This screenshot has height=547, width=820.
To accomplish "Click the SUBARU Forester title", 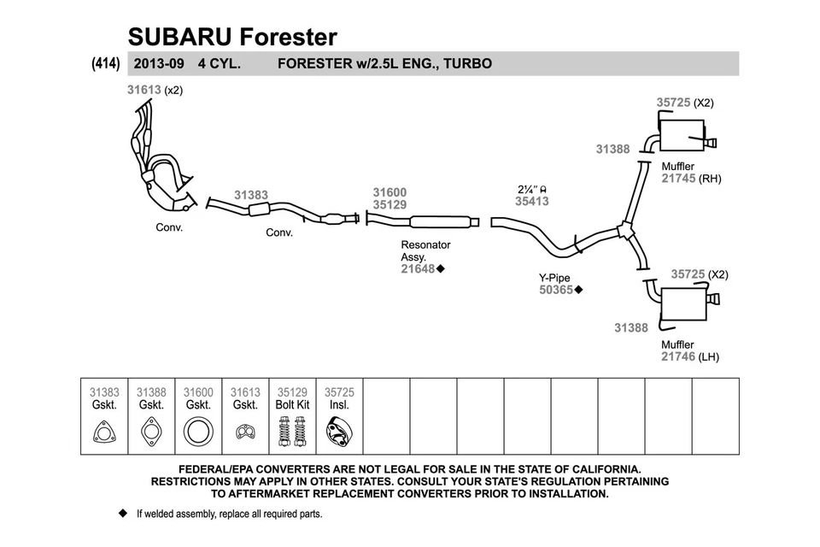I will click(232, 37).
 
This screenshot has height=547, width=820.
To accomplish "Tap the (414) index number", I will click(104, 63).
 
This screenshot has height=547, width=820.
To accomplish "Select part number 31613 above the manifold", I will click(144, 89).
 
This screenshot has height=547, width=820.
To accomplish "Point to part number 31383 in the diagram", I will click(251, 195).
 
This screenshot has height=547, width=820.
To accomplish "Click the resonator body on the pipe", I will click(440, 222).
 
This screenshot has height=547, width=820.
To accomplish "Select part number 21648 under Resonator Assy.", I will click(419, 268).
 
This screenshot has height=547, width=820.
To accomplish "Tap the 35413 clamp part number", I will click(531, 202).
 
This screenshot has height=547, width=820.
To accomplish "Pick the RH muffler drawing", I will click(683, 136).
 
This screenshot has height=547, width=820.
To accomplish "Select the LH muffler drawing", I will click(683, 303).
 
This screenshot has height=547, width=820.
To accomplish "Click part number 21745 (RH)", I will click(678, 179).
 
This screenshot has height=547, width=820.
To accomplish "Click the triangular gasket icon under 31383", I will click(104, 432).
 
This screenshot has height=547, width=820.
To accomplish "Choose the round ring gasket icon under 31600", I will click(198, 432).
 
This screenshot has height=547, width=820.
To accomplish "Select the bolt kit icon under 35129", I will click(292, 432).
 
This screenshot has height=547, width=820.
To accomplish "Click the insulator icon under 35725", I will click(339, 432).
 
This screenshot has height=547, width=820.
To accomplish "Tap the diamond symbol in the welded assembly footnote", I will click(121, 515).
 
